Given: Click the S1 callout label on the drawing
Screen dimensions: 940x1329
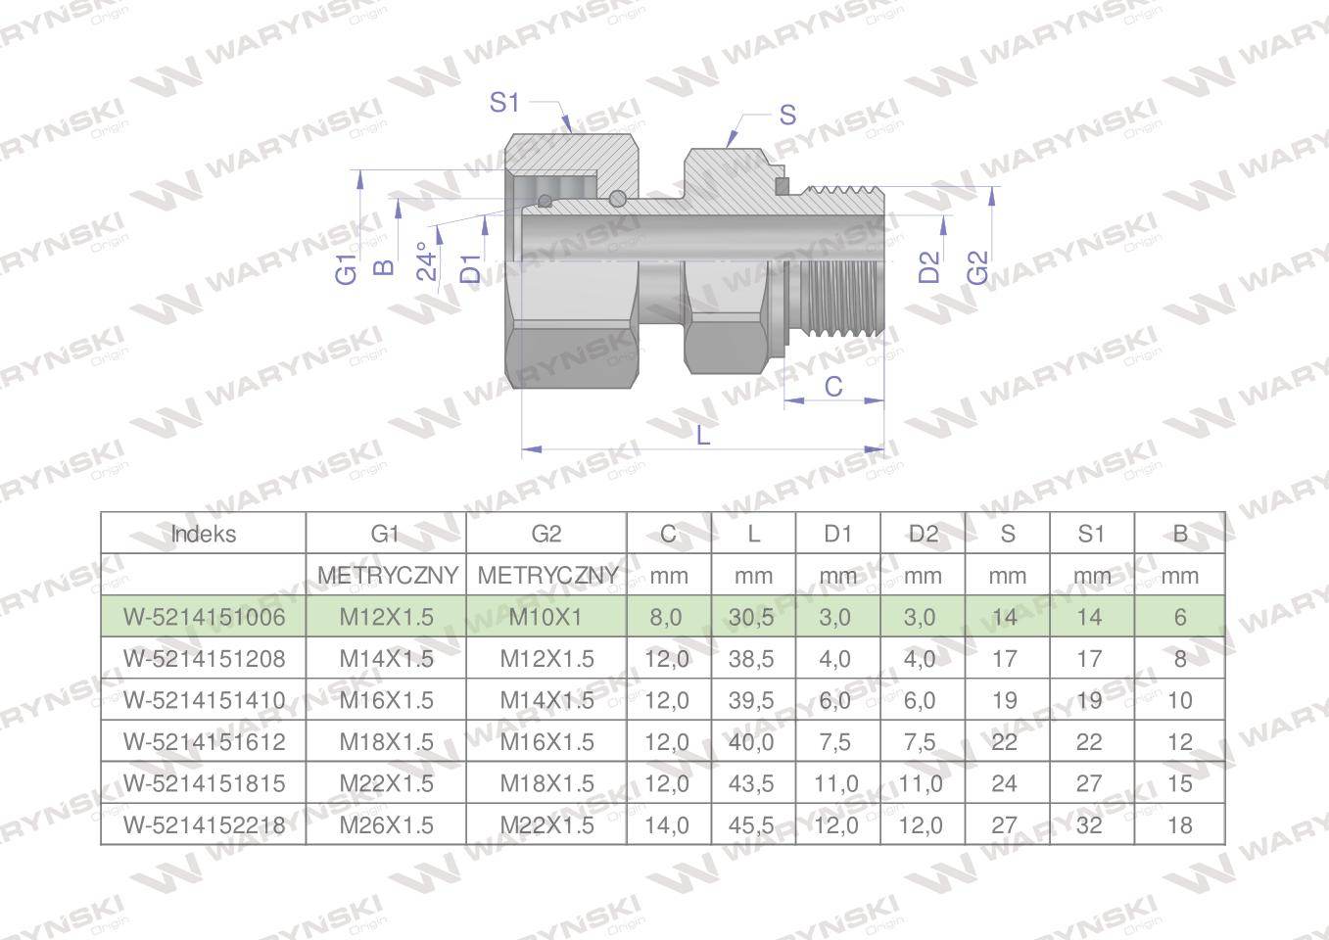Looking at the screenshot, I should pyautogui.click(x=503, y=102).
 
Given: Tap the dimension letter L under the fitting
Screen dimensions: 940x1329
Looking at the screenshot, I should pyautogui.click(x=702, y=434).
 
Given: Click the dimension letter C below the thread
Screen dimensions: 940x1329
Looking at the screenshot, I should pyautogui.click(x=832, y=386).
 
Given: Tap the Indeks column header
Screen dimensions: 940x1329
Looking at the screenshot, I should pyautogui.click(x=204, y=534).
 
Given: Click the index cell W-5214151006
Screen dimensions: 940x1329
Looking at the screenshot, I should pyautogui.click(x=204, y=617).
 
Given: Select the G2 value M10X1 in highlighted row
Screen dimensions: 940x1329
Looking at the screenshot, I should pyautogui.click(x=546, y=617).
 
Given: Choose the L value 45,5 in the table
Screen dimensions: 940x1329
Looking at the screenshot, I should pyautogui.click(x=752, y=824).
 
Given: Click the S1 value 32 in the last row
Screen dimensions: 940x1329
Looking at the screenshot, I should pyautogui.click(x=1090, y=824).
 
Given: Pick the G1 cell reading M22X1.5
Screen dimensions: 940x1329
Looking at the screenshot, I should pyautogui.click(x=386, y=783).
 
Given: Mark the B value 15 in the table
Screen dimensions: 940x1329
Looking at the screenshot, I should pyautogui.click(x=1179, y=783).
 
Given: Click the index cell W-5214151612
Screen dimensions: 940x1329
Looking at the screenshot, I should pyautogui.click(x=204, y=741).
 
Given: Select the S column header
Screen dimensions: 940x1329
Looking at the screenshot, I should pyautogui.click(x=1007, y=534).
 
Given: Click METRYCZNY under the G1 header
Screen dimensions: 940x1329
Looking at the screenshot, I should pyautogui.click(x=387, y=575).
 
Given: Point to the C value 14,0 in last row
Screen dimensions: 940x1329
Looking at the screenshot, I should pyautogui.click(x=667, y=824).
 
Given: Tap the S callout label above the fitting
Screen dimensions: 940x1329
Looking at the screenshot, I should pyautogui.click(x=786, y=115).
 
